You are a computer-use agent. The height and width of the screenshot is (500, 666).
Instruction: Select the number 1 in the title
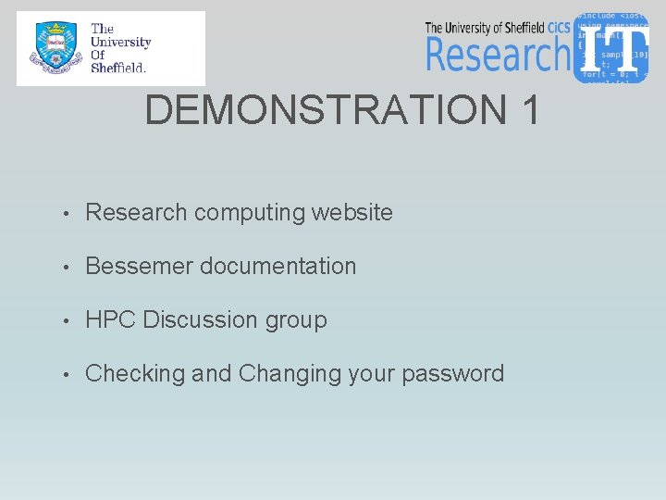[x=530, y=110]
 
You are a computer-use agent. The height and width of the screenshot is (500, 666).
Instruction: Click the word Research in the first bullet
[x=136, y=212]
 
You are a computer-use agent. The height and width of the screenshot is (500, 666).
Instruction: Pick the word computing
[x=250, y=213]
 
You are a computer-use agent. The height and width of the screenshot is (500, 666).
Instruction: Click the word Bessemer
[x=139, y=266]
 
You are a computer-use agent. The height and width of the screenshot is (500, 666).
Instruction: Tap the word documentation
[x=277, y=266]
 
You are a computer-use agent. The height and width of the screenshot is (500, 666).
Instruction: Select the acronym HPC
[x=110, y=319]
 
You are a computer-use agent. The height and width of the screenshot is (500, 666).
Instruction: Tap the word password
[x=459, y=374]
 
